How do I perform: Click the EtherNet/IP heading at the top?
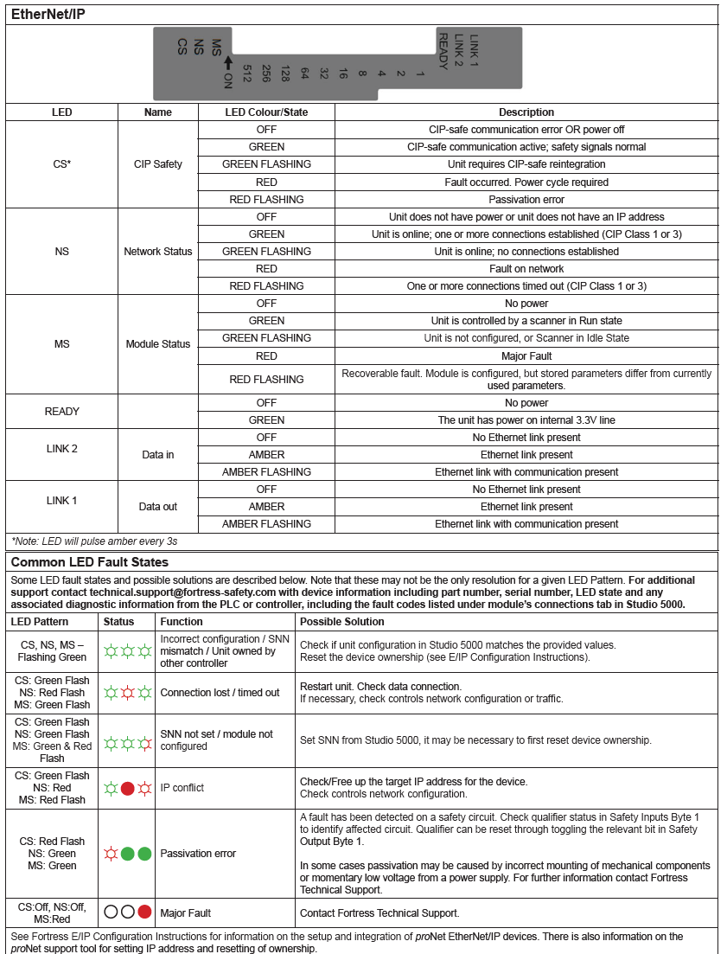point(48,14)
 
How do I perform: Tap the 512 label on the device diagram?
point(246,74)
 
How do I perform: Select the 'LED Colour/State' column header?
point(266,112)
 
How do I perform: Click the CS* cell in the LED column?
point(61,164)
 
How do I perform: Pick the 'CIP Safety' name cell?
point(158,164)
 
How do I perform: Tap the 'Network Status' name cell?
point(158,252)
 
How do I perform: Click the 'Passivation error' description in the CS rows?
point(526,199)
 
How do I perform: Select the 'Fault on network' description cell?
point(526,269)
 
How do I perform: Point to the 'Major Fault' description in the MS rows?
point(526,355)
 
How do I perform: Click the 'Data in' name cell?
point(158,455)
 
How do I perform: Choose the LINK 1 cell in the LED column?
point(61,501)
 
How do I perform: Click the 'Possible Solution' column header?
point(342,622)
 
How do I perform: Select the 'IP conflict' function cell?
point(182,788)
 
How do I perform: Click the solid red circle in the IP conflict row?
point(127,788)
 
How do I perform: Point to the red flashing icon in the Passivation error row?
point(110,854)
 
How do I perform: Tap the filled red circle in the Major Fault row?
point(144,912)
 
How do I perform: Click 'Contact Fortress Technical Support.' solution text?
point(379,912)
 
